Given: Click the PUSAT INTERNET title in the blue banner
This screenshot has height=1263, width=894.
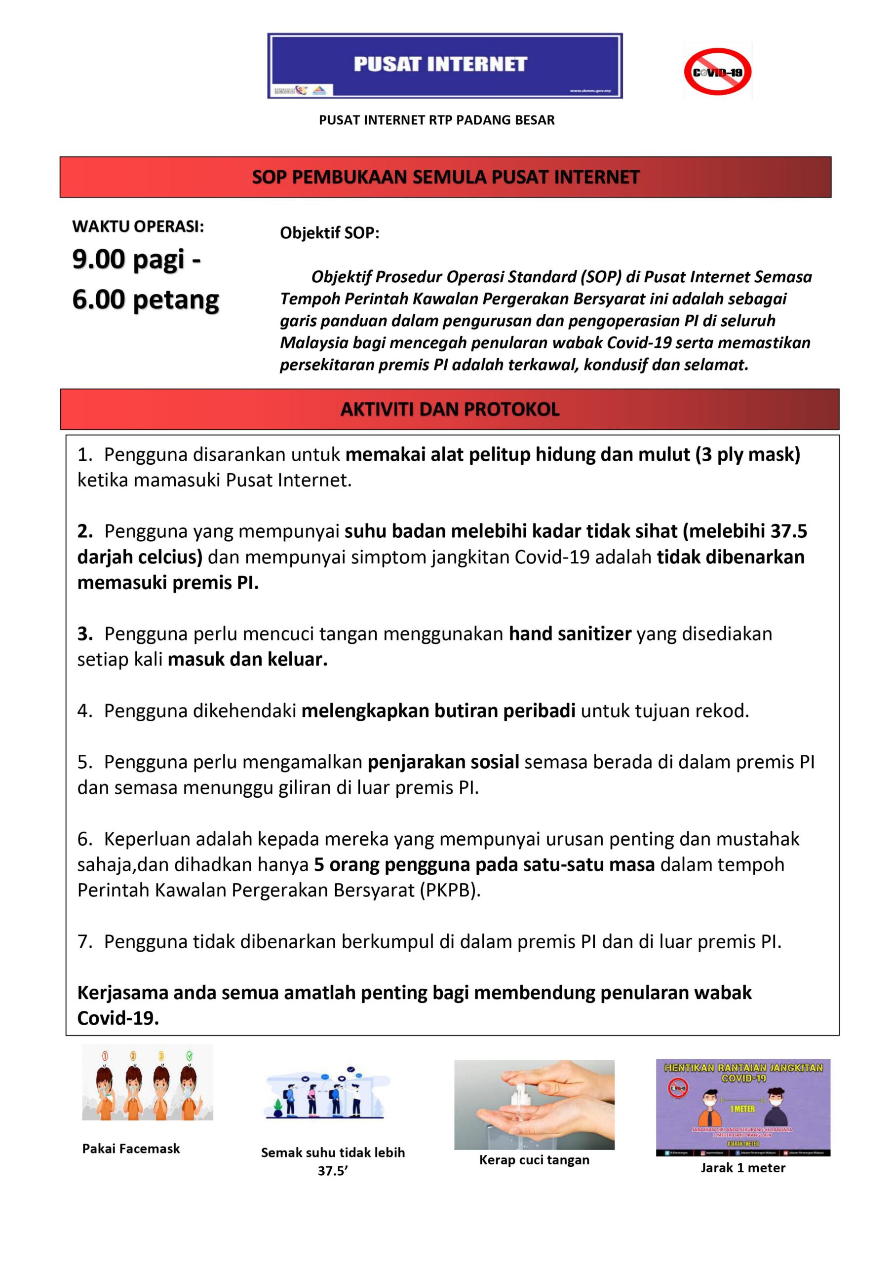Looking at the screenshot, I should [440, 64].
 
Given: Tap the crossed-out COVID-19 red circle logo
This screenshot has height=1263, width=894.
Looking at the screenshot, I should [717, 72].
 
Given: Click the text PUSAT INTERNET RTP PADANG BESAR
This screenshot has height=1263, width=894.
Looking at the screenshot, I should [436, 120].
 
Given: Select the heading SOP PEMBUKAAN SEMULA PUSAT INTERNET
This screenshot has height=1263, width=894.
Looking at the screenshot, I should [445, 177].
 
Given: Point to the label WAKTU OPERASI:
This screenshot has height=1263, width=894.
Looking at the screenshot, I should [138, 226].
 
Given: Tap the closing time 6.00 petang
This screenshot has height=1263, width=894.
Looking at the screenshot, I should [145, 300].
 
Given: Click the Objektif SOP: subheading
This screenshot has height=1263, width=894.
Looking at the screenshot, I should [330, 233].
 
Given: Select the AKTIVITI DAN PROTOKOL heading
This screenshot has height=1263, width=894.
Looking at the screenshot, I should [450, 409].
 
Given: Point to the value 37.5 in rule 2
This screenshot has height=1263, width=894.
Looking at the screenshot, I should [788, 531].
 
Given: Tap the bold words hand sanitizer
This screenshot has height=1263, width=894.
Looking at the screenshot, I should [570, 633].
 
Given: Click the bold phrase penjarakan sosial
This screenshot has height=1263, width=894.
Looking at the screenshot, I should [443, 762].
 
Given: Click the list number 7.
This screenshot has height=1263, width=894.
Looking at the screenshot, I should [84, 942].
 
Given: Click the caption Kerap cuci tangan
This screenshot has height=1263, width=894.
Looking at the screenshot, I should [534, 1160].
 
